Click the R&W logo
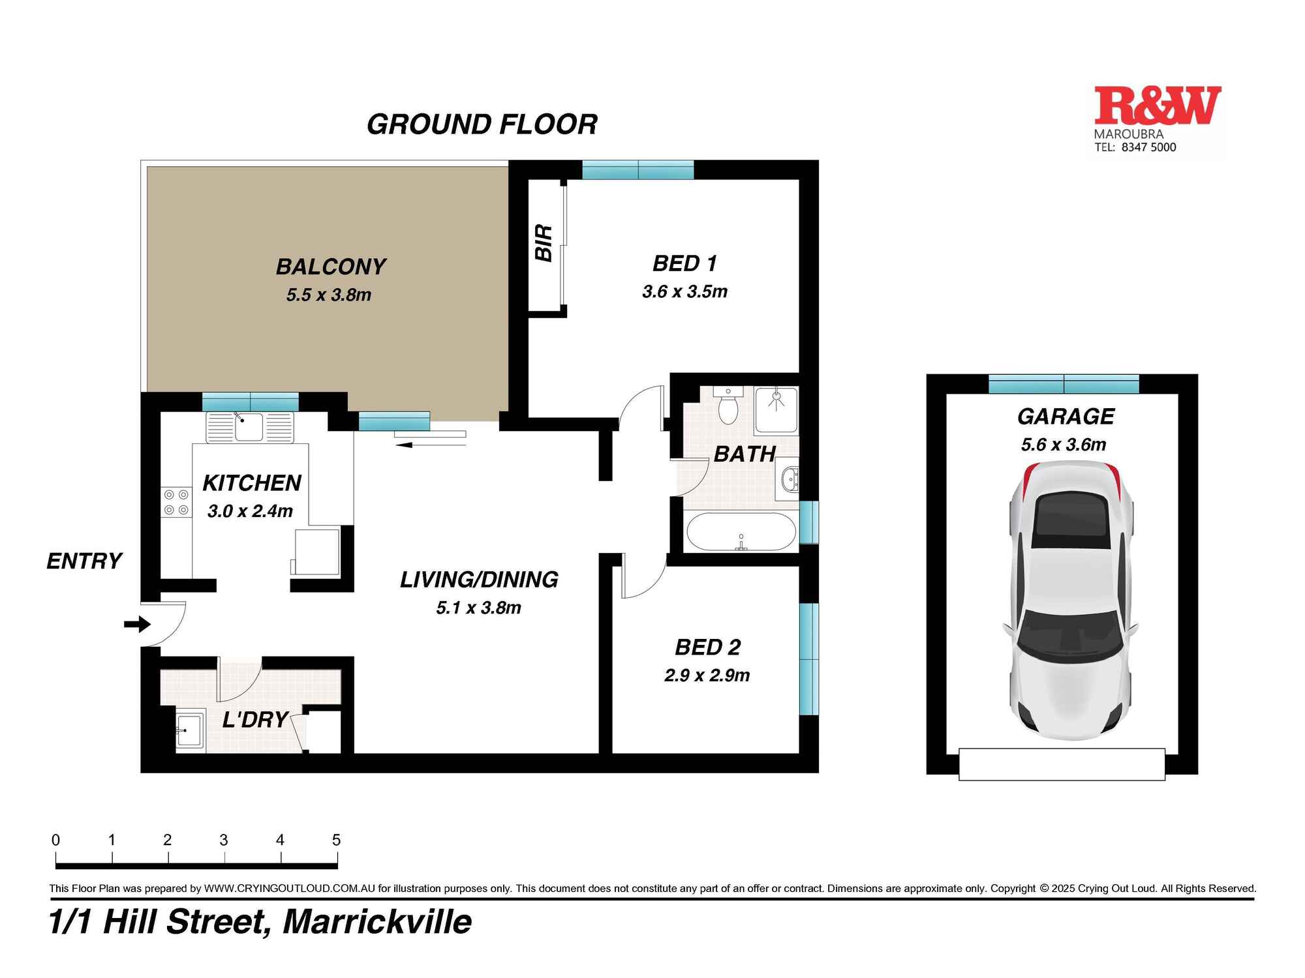tap(1157, 106)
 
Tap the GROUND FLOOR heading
tap(482, 125)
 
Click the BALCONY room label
tap(331, 267)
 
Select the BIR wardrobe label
tap(544, 243)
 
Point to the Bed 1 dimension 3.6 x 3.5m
tap(684, 291)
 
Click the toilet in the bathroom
tap(728, 407)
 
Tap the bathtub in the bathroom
tap(741, 531)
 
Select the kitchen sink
tap(249, 427)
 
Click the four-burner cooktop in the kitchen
tap(176, 502)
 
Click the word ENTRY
tap(84, 561)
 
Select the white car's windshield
tap(1070, 632)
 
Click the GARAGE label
tap(1066, 416)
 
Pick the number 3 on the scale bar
tap(224, 840)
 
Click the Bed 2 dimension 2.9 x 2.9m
tap(707, 675)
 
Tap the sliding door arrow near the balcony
tap(405, 445)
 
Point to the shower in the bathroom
tap(776, 409)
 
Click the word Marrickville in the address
tap(377, 922)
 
